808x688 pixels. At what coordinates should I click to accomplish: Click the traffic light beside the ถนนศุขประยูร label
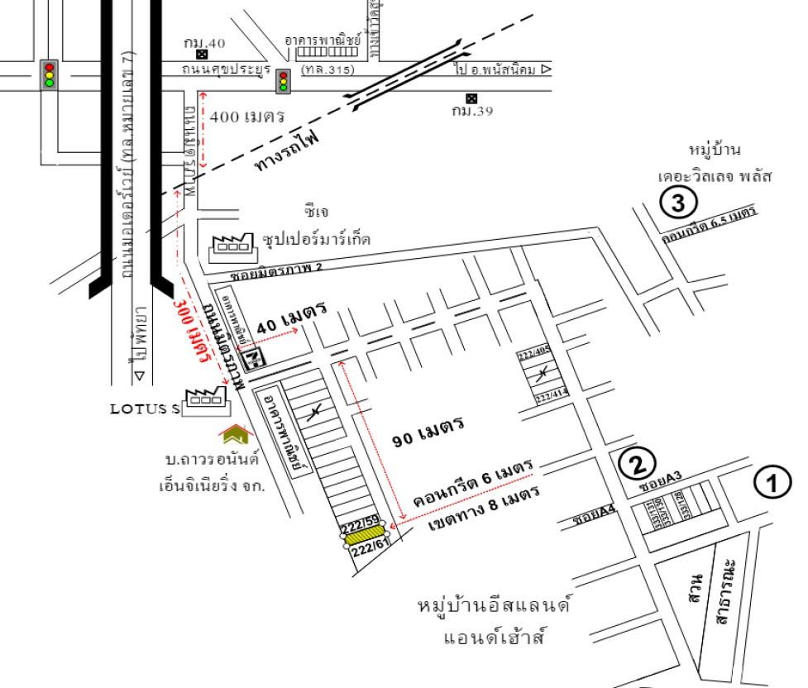pos(284,79)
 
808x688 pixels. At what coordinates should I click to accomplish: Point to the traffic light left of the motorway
pos(49,73)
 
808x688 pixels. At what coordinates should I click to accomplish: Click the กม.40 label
pos(203,43)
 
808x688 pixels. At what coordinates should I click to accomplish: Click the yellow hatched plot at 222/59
pos(365,536)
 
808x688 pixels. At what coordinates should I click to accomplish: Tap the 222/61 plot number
pos(371,549)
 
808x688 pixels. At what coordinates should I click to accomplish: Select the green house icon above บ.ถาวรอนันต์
pos(234,434)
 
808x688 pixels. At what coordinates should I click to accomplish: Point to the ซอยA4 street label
pos(595,518)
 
